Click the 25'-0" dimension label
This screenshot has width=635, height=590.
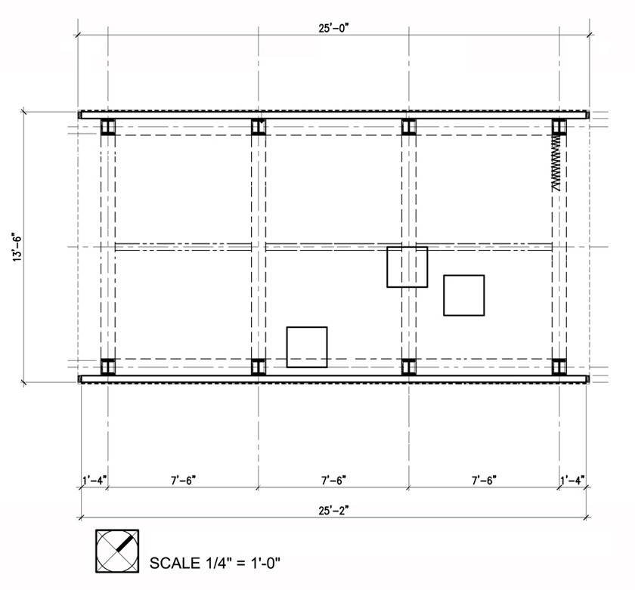click(x=333, y=28)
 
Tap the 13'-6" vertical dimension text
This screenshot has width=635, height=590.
click(x=17, y=247)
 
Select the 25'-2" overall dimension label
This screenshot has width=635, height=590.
click(x=333, y=511)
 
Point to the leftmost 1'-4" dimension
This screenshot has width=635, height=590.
click(x=94, y=480)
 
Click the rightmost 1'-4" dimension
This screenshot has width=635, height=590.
click(x=573, y=480)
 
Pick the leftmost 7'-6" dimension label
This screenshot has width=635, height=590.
click(x=184, y=480)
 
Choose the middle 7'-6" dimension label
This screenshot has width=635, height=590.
click(x=334, y=480)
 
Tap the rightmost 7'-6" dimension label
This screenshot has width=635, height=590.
click(x=485, y=480)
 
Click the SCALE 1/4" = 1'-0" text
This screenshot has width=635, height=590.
click(x=215, y=563)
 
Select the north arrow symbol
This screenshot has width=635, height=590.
click(x=117, y=551)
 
